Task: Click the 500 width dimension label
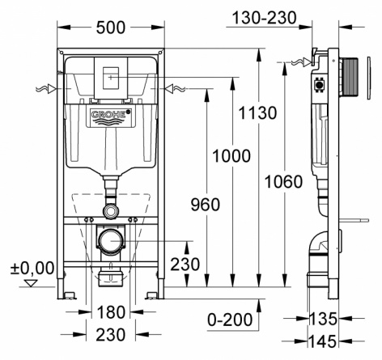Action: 111,28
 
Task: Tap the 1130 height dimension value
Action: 257,113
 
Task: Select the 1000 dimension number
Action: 231,156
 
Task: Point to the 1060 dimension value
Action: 283,181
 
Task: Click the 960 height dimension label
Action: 206,205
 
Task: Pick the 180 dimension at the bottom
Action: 111,312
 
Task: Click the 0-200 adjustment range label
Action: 230,320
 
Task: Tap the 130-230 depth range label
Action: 264,19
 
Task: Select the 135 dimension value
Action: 322,319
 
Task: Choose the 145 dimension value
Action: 322,341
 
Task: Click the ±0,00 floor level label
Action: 32,269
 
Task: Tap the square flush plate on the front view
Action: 111,78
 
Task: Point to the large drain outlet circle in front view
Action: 111,241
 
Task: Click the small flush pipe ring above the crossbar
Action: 111,211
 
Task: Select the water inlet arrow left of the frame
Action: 46,89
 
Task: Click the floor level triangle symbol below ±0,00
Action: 31,283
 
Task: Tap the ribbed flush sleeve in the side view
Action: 350,77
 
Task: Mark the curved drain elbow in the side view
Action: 318,244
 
